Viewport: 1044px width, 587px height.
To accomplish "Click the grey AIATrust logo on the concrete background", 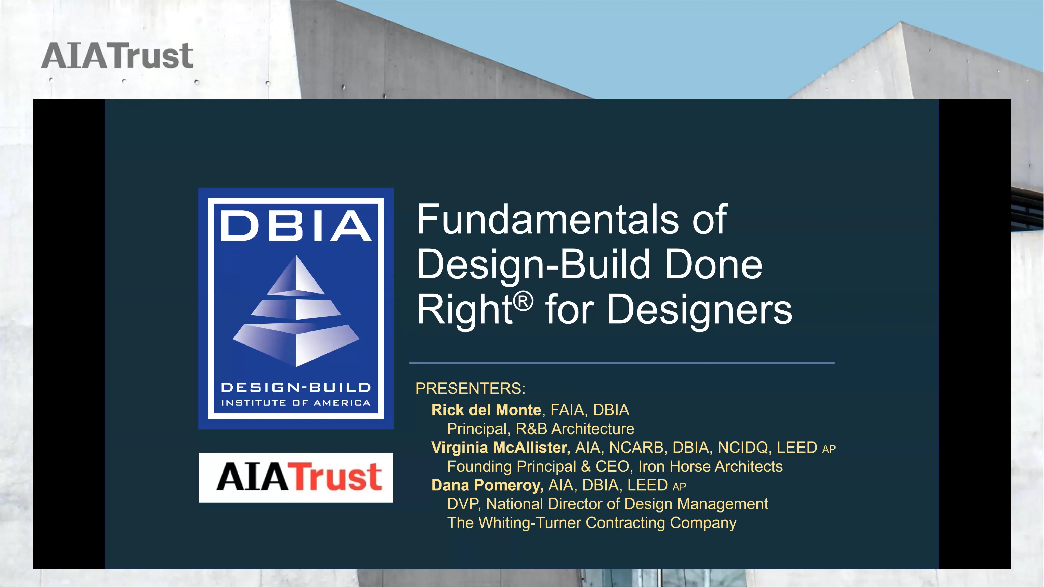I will pos(117,56).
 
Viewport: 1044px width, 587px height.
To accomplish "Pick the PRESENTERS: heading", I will pos(470,388).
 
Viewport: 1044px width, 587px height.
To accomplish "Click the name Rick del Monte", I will pos(486,410).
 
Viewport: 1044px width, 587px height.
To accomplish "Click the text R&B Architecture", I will pos(575,428).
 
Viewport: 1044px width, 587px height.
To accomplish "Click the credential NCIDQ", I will pos(742,448).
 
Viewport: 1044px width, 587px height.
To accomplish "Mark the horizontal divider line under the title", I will pos(622,362).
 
